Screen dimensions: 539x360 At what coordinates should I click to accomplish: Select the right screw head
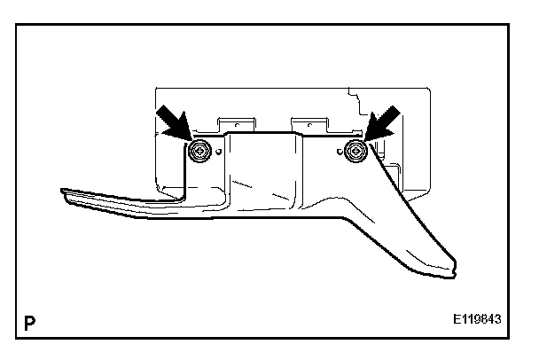click(x=356, y=151)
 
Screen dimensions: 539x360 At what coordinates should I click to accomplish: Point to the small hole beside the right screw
click(x=341, y=139)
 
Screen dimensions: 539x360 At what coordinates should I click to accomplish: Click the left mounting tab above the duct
click(x=236, y=122)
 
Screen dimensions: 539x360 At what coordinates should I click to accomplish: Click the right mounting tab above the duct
click(x=310, y=122)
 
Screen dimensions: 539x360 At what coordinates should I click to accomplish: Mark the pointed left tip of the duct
click(x=62, y=190)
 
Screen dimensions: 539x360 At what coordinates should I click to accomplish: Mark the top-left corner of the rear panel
click(x=155, y=86)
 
